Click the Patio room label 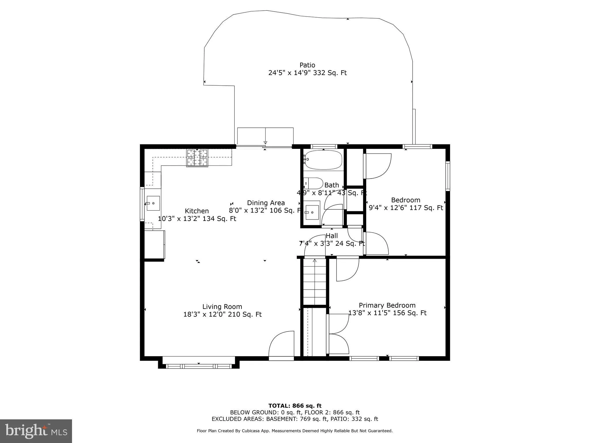307,65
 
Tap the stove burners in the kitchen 197,158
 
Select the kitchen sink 153,203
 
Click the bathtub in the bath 323,160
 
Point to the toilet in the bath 313,183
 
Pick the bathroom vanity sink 312,213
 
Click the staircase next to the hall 314,282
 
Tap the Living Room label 222,307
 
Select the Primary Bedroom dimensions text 387,313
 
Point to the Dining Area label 266,203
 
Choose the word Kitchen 197,211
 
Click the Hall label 332,236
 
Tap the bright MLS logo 36,431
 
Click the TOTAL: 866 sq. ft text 295,406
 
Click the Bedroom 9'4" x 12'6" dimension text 406,208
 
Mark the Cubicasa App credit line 295,431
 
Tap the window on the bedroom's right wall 448,176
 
